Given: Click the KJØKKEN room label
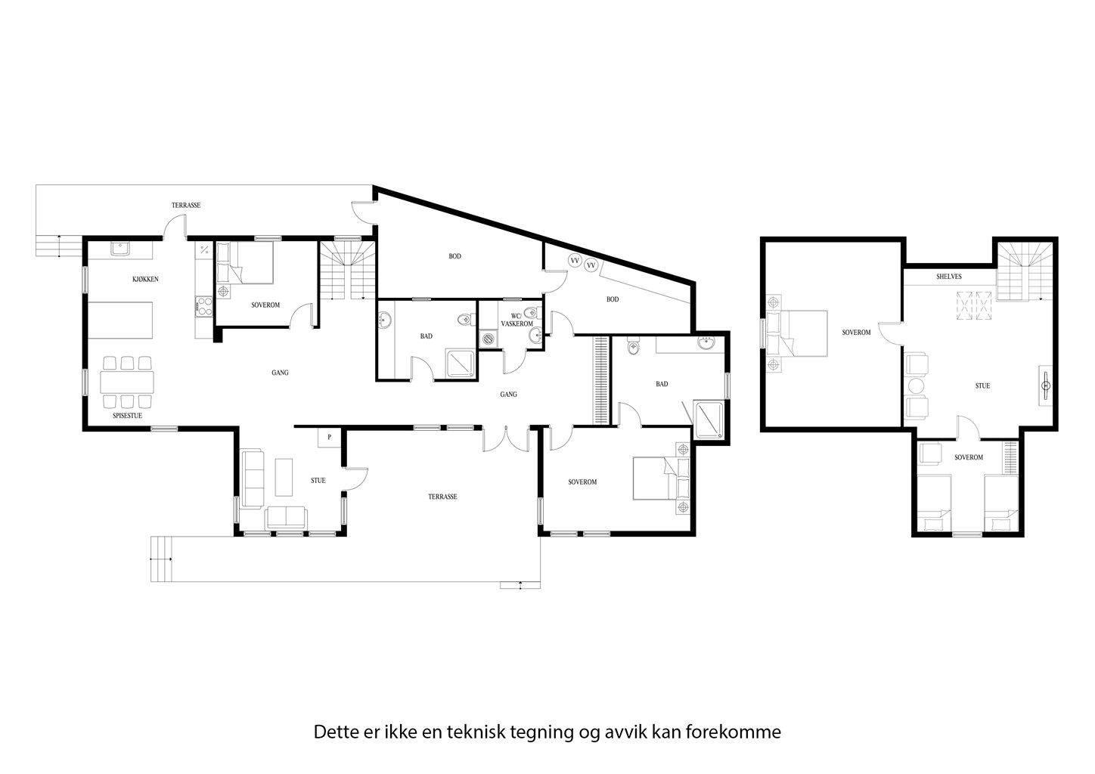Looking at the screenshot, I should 145,280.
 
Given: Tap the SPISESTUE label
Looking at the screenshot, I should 126,416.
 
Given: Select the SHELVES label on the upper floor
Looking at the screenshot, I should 948,277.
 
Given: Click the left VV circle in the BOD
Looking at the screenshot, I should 575,261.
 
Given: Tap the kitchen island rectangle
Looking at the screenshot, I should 121,320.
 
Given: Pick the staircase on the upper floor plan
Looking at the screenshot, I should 1022,272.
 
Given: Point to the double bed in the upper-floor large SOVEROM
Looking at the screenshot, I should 802,333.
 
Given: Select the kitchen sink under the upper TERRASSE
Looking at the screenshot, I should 120,247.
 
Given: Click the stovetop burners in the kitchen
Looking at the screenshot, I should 203,306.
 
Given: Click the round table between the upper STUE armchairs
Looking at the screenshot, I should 917,385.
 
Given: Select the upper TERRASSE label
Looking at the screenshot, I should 185,206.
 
